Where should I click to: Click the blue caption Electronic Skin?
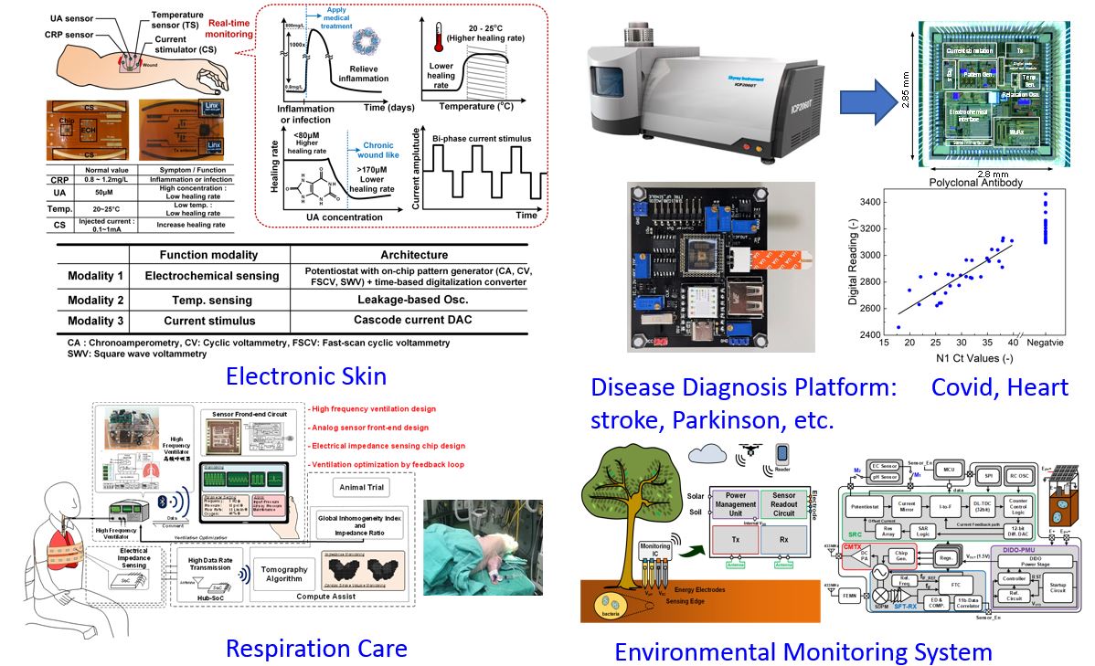[x=306, y=375]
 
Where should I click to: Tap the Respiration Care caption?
[x=315, y=648]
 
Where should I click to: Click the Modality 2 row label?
[x=95, y=299]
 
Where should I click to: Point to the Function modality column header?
[x=208, y=255]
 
